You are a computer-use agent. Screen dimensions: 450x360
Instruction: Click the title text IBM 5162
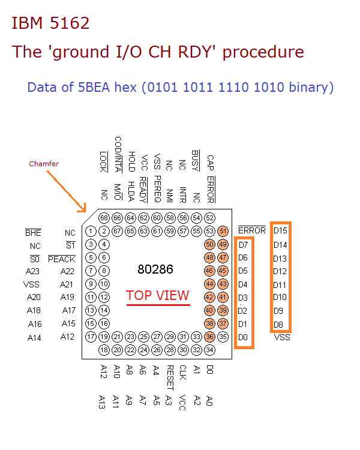(x=50, y=23)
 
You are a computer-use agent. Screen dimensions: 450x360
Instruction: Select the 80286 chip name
(x=155, y=269)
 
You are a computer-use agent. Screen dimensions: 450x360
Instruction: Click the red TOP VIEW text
(x=158, y=295)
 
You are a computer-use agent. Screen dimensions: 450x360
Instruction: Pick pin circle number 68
(x=103, y=217)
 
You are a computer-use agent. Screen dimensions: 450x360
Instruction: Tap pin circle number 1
(x=90, y=231)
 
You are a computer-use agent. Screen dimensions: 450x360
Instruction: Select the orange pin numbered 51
(x=223, y=231)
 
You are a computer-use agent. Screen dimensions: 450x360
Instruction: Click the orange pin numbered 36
(x=209, y=337)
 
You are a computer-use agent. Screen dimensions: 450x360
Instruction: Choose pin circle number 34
(x=209, y=350)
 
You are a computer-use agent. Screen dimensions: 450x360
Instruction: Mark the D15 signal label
(x=280, y=230)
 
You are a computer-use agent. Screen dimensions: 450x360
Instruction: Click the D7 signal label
(x=243, y=245)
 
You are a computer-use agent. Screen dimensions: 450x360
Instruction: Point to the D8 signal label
(x=279, y=325)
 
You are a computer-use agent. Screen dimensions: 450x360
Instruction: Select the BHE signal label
(x=32, y=232)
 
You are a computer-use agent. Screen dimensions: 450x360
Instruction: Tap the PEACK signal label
(x=62, y=259)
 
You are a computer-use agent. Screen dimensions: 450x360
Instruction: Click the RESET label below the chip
(x=170, y=373)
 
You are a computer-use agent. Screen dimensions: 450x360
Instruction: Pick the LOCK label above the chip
(x=103, y=161)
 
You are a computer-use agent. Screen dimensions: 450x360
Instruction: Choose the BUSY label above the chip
(x=196, y=160)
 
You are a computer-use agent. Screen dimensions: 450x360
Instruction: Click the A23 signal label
(x=33, y=271)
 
